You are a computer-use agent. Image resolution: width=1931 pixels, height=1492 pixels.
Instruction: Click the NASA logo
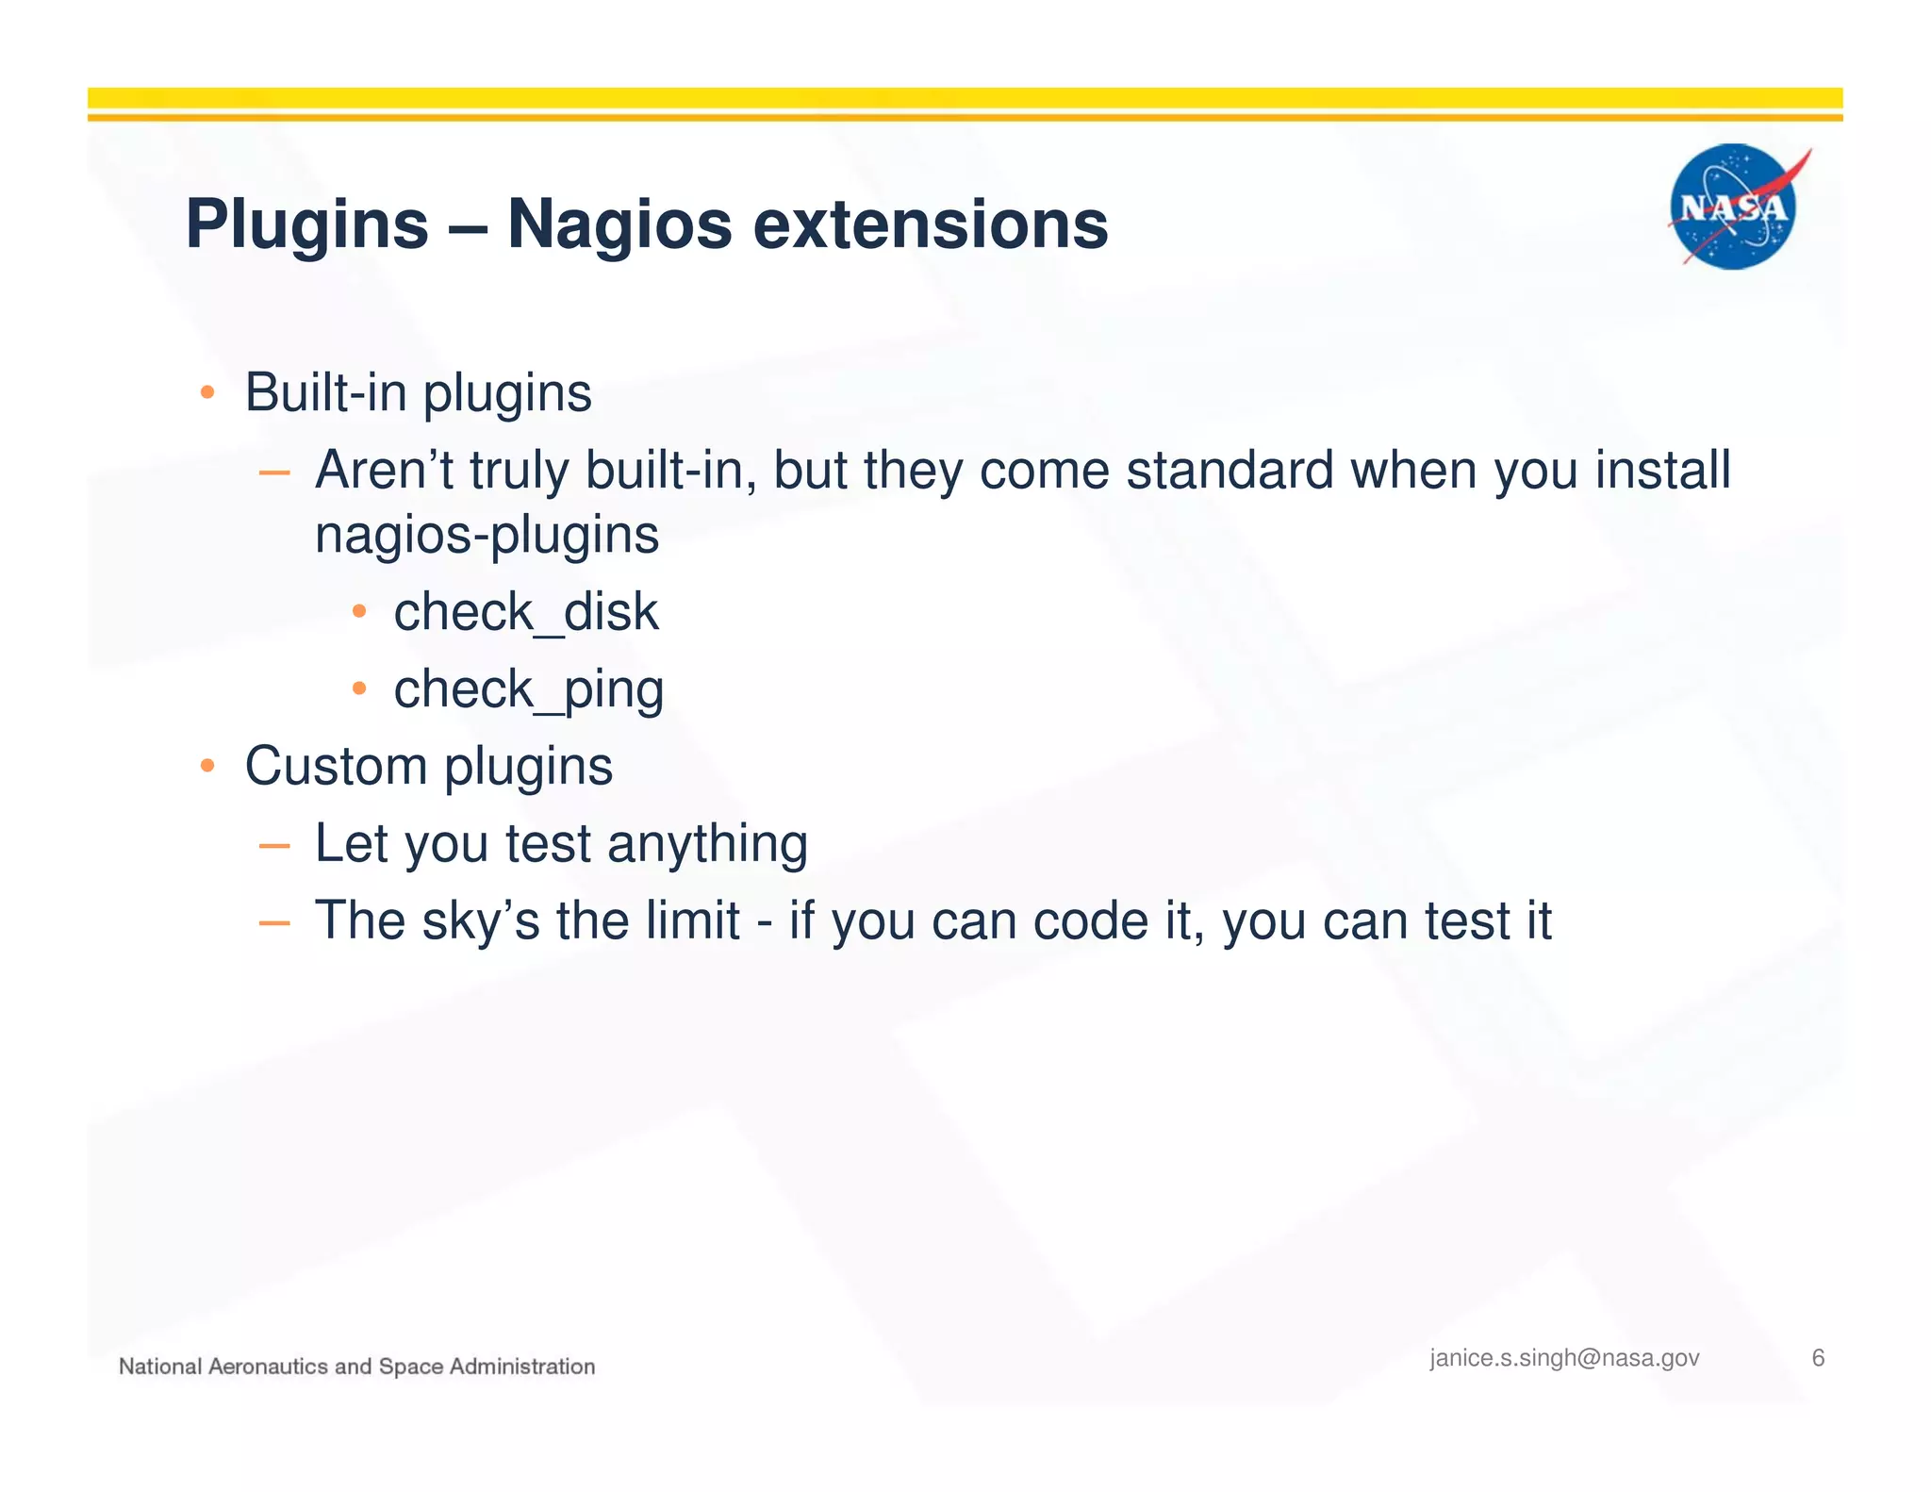point(1733,207)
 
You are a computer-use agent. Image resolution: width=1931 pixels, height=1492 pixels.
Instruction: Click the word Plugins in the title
point(307,225)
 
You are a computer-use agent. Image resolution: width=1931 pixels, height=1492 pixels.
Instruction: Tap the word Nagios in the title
point(619,225)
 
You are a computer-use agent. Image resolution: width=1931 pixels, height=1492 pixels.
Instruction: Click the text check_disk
point(525,612)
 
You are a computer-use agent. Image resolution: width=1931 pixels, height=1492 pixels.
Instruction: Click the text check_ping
point(528,689)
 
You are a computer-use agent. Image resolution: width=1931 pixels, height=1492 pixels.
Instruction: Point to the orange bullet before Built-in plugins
point(207,392)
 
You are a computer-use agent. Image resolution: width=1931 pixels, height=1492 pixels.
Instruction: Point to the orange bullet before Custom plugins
point(207,765)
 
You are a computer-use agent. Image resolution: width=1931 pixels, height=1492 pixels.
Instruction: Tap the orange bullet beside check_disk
point(358,612)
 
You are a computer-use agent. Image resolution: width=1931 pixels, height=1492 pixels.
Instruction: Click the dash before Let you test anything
point(273,845)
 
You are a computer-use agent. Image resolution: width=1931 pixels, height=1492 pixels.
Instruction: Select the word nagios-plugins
point(487,535)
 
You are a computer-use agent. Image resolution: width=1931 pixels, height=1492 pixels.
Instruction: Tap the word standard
point(1230,470)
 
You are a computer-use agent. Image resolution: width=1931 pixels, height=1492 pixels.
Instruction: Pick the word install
point(1662,470)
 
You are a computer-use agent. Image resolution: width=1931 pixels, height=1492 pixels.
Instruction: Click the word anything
point(707,843)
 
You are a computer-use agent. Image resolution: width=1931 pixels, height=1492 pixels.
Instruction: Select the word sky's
point(480,920)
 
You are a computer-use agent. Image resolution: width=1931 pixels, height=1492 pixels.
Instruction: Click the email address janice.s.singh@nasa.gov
point(1564,1358)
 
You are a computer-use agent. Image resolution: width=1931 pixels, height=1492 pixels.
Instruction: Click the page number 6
point(1818,1358)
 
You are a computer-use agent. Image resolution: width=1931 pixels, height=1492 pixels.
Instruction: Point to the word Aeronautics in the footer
point(268,1367)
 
